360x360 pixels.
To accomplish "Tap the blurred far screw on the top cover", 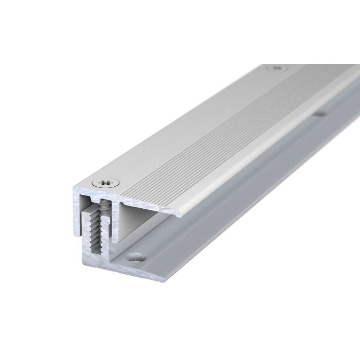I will pyautogui.click(x=278, y=67).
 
